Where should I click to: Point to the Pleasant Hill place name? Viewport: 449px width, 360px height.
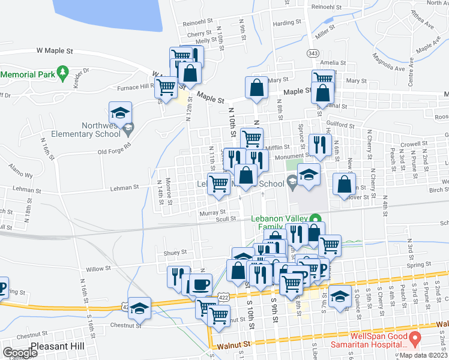[x=62, y=347]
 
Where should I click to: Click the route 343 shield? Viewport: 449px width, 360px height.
[x=312, y=53]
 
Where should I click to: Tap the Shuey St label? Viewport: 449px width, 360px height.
[x=167, y=253]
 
